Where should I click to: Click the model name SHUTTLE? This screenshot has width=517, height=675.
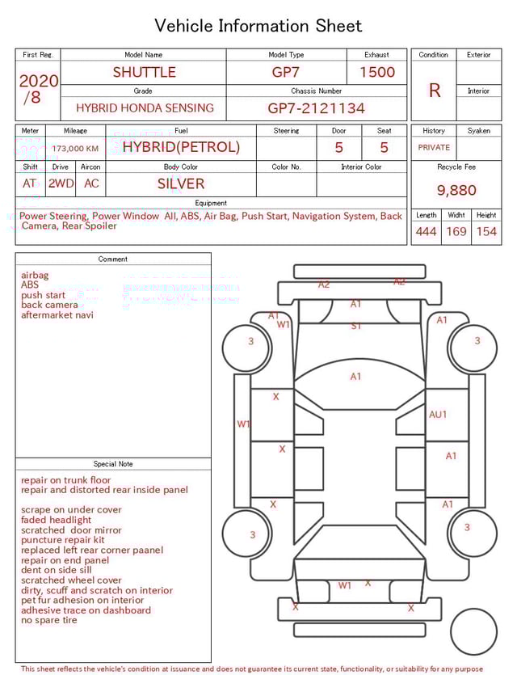pos(144,72)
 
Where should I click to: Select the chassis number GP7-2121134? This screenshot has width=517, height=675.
pos(316,108)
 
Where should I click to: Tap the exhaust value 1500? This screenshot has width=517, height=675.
pos(376,72)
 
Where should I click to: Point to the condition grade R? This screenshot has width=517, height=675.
pos(434,91)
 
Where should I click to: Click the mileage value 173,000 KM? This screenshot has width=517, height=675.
pos(75,149)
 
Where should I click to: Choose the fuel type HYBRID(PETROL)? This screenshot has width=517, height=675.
pos(181,147)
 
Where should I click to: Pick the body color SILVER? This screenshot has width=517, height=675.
pos(181,184)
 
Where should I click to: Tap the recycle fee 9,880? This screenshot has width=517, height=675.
pos(456,190)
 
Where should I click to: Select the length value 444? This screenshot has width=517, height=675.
pos(426,232)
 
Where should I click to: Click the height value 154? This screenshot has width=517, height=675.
pos(486,232)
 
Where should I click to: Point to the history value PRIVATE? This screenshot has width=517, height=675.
pos(434,148)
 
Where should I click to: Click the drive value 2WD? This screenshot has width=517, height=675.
pos(61,184)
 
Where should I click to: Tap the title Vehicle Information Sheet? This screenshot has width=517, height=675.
pos(258,26)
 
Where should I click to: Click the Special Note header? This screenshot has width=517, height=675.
pos(113,464)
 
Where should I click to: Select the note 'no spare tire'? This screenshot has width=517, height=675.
pos(49,620)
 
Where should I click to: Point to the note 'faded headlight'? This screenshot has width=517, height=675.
pos(57,520)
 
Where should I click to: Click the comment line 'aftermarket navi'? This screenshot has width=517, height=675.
pos(57,314)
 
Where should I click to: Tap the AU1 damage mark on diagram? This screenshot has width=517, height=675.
pos(438,414)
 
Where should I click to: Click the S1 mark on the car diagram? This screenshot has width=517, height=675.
pos(355,326)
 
